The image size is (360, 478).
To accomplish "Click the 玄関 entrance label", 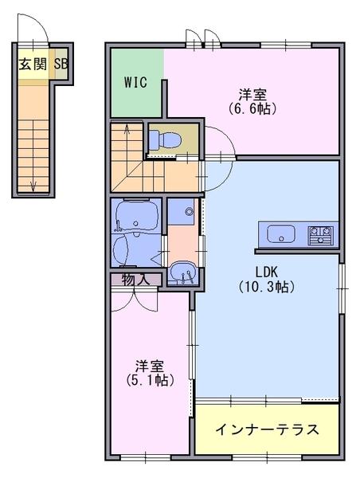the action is click(x=33, y=65).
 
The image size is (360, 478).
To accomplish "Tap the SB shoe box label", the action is click(x=61, y=64).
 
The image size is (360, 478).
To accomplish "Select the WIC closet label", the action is click(x=135, y=82).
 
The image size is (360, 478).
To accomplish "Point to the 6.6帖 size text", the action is click(x=252, y=109).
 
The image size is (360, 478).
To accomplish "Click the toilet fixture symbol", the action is click(x=166, y=140).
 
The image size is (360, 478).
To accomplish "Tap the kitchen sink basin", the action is click(x=280, y=234).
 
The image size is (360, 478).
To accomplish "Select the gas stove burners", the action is click(x=321, y=235).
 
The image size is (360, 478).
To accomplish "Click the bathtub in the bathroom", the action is click(x=136, y=216).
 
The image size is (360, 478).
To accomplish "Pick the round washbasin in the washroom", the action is click(x=182, y=272).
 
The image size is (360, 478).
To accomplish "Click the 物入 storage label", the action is click(x=136, y=280).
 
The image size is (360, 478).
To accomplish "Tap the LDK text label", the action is click(x=266, y=271).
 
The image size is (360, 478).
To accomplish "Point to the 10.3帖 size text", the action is click(x=267, y=287).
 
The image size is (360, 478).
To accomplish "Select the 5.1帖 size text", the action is click(x=150, y=380).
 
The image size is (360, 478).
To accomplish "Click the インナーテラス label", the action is click(x=267, y=429).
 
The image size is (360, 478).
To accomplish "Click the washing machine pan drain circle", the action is click(x=190, y=211).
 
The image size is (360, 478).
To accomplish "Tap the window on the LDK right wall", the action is click(x=342, y=288).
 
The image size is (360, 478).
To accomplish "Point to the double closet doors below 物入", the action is click(x=134, y=302).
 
